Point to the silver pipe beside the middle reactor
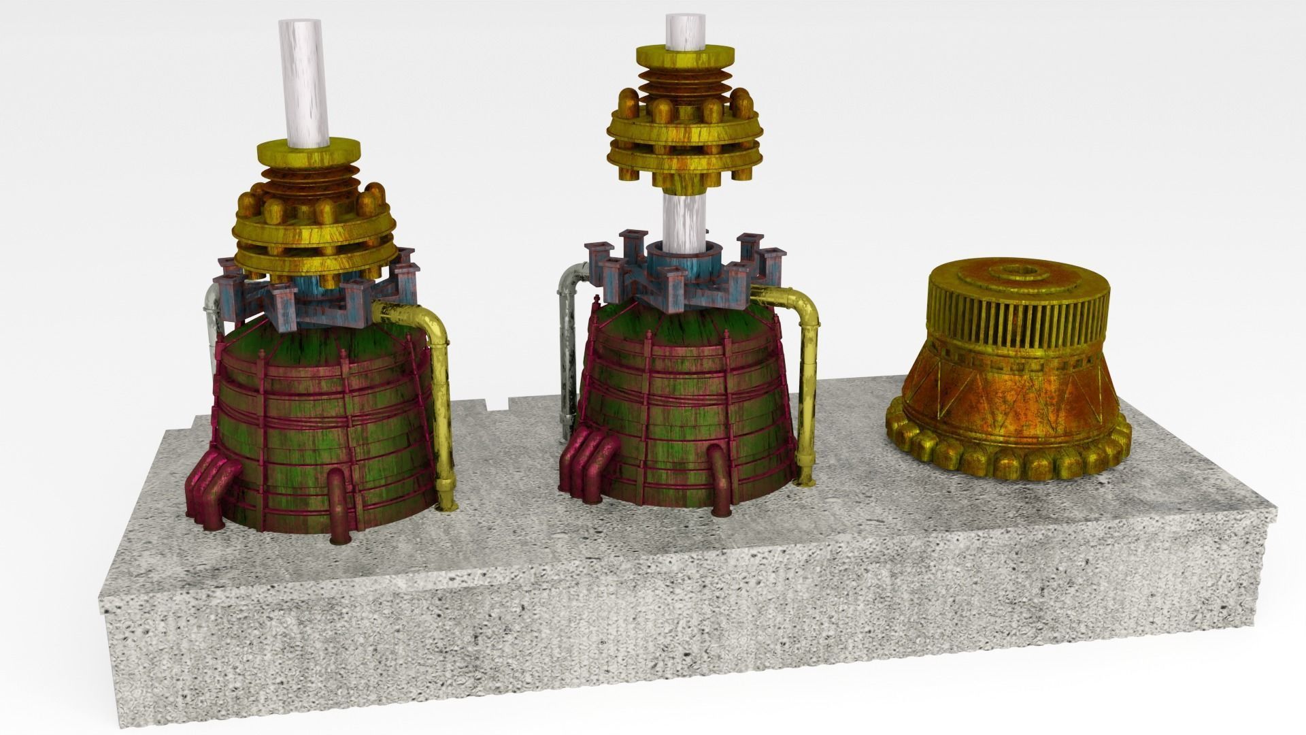coord(566,354)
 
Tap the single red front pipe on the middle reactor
coord(718,480)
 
